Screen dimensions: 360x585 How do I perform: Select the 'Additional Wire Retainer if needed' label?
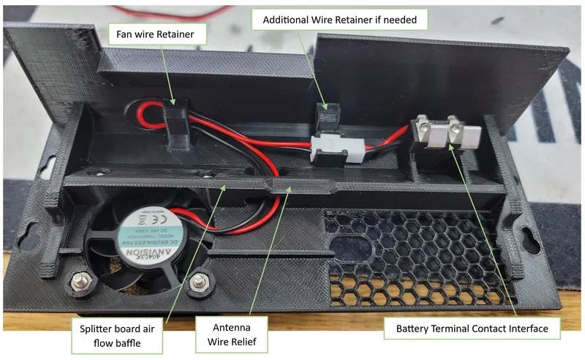[x=335, y=20]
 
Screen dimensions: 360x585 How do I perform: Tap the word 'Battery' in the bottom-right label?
[x=415, y=329]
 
